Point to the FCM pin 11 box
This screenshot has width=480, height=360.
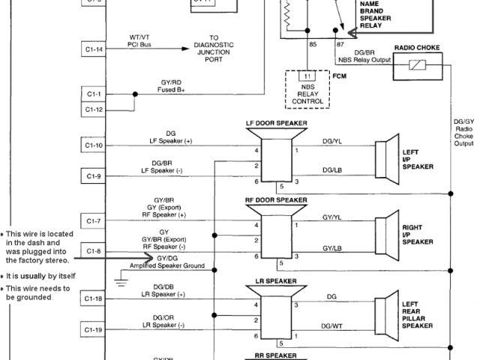(x=306, y=76)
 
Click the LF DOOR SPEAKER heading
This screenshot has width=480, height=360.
(x=276, y=122)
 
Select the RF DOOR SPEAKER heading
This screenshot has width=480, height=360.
(x=276, y=200)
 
